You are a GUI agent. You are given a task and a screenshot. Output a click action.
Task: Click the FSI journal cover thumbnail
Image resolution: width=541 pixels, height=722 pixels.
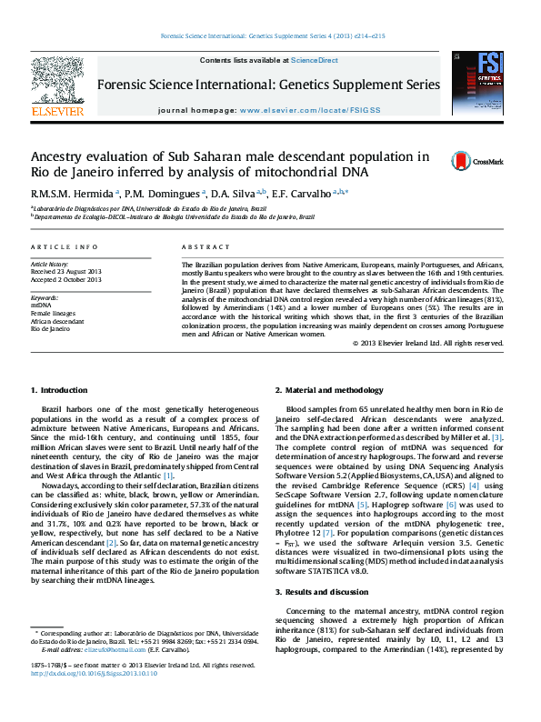point(478,83)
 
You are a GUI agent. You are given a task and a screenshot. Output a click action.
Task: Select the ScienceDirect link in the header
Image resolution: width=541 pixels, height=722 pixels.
point(314,60)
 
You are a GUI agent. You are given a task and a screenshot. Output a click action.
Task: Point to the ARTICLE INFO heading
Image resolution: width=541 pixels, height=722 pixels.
point(64,247)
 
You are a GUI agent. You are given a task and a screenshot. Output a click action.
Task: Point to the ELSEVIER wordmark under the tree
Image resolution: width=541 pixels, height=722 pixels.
point(58,111)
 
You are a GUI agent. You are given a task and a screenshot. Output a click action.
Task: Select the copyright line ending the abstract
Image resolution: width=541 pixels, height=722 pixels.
point(427,343)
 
